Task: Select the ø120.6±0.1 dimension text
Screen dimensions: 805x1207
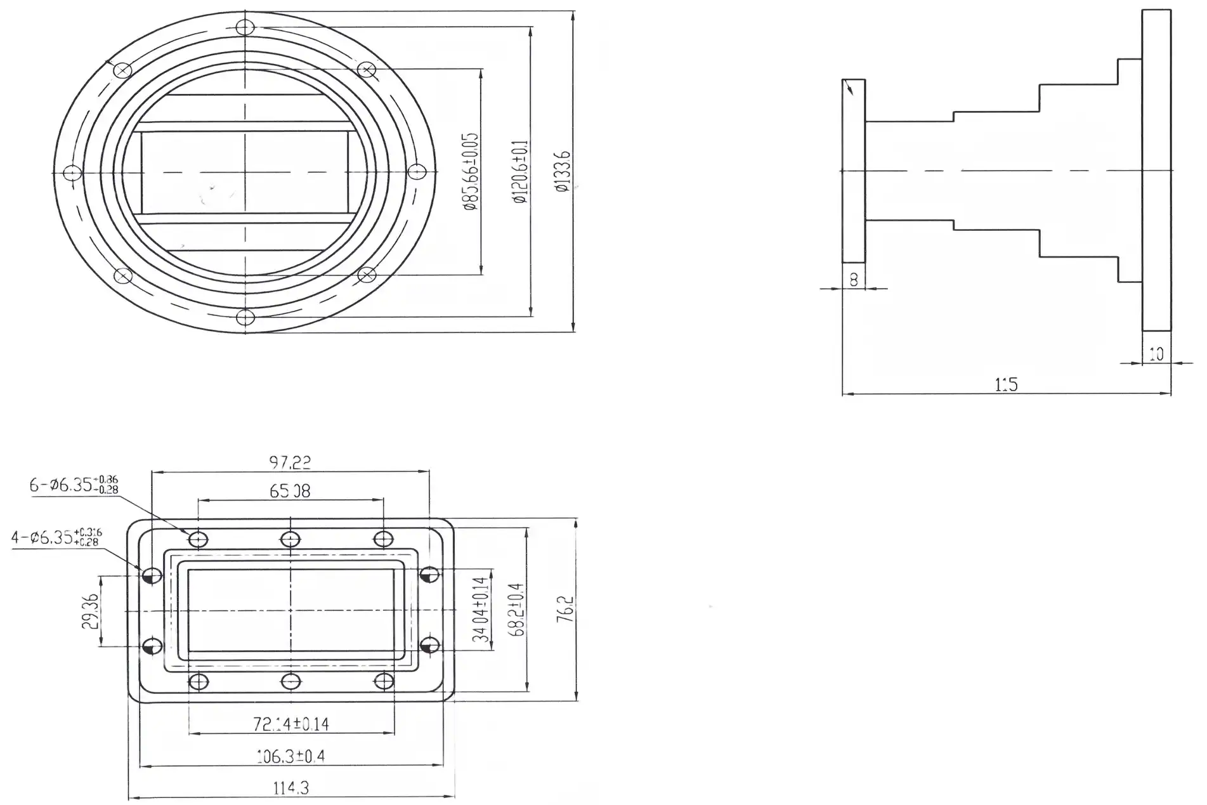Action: (x=521, y=171)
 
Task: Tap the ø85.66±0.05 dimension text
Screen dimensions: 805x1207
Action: (x=471, y=171)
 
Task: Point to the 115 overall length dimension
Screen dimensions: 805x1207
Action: (x=1006, y=384)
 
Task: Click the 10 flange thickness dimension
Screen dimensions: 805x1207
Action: (x=1156, y=354)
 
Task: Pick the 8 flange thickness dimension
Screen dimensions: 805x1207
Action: (x=853, y=279)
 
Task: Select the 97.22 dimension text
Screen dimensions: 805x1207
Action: (x=290, y=462)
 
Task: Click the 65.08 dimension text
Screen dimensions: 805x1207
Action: (x=290, y=491)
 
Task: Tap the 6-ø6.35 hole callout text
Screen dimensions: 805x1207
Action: (x=74, y=485)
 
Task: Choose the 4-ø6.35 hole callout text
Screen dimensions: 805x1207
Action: (x=56, y=537)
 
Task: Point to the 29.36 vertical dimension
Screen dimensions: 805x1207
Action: (x=90, y=612)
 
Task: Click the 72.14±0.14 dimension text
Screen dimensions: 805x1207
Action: (x=291, y=724)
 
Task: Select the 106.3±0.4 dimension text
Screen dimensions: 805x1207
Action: (x=290, y=756)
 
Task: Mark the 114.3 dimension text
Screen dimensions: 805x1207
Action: (x=290, y=789)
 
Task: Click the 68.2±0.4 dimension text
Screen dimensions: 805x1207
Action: (x=517, y=609)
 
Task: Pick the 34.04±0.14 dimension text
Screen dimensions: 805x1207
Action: (x=482, y=609)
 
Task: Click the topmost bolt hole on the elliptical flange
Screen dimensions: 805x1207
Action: (x=245, y=27)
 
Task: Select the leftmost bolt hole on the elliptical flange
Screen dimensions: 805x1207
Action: (x=73, y=173)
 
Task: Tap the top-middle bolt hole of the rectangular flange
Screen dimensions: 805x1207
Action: (x=290, y=539)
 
